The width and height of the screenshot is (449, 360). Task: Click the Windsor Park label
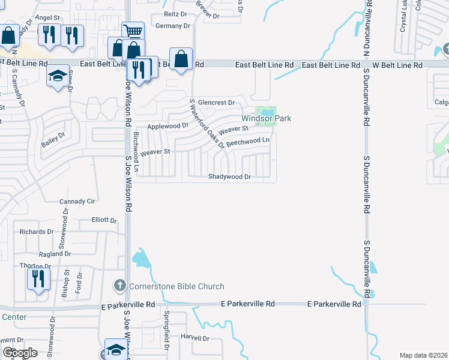click(x=267, y=119)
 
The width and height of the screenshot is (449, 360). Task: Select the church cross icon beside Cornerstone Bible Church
click(x=120, y=286)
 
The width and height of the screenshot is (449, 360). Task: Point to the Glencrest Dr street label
click(x=216, y=103)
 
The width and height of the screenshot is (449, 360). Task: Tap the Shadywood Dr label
click(x=229, y=176)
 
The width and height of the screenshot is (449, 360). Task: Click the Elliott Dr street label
click(x=104, y=220)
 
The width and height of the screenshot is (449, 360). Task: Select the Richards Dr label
click(x=37, y=232)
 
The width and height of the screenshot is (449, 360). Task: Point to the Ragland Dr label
click(x=55, y=254)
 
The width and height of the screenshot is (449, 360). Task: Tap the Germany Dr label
click(x=172, y=26)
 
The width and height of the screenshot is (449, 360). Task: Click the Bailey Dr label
click(x=52, y=141)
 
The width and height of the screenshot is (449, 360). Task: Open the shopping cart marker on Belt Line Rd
click(x=133, y=31)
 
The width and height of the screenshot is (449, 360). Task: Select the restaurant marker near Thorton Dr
click(x=37, y=278)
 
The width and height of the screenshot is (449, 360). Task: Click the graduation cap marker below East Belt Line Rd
click(x=58, y=76)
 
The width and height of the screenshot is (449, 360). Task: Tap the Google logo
click(x=20, y=353)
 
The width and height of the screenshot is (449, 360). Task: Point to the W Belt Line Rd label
click(x=397, y=65)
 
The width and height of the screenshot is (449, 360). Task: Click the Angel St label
click(x=49, y=18)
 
